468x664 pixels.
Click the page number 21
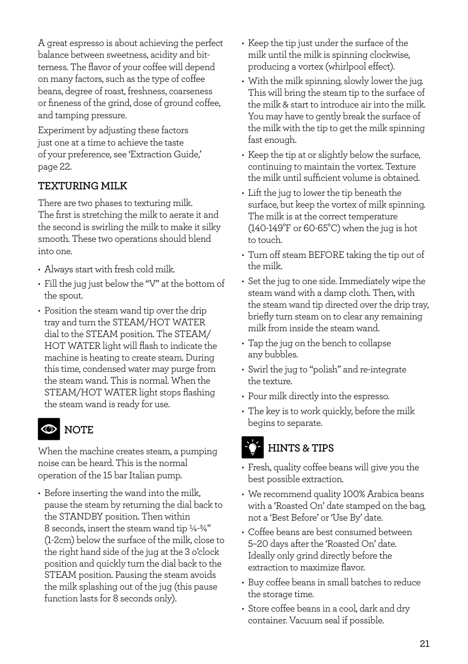click(x=424, y=644)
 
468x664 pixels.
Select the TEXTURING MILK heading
click(x=82, y=186)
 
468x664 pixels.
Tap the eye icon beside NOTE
click(x=49, y=429)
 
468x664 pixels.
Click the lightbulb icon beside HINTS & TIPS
click(x=252, y=447)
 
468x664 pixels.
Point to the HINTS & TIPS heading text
click(x=301, y=448)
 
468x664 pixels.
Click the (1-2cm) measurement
click(x=59, y=540)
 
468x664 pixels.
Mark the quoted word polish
click(x=325, y=370)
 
